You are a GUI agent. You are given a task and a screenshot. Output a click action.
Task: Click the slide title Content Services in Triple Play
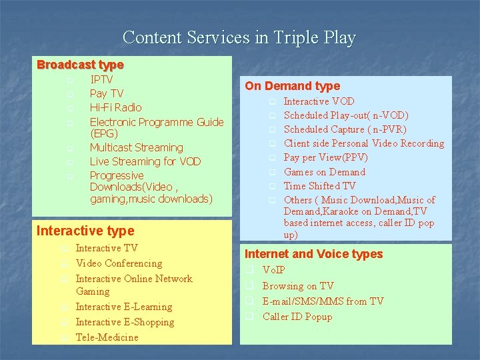(239, 37)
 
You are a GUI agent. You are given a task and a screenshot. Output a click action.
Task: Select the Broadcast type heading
(80, 65)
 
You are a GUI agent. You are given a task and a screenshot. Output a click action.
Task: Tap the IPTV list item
(101, 79)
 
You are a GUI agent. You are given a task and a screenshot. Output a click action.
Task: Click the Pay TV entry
(107, 93)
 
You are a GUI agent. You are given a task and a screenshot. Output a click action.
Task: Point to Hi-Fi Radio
(115, 107)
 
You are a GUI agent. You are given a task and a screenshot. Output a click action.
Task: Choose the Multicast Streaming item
(136, 147)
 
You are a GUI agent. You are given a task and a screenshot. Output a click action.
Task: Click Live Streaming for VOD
(145, 161)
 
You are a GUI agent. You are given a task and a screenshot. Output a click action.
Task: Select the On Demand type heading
(292, 85)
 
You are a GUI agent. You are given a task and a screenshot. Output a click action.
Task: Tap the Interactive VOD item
(319, 101)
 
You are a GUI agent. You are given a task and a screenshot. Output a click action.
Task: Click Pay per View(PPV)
(325, 157)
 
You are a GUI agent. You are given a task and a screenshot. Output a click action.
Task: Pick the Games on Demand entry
(325, 172)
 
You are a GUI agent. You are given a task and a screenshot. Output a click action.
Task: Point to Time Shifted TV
(319, 186)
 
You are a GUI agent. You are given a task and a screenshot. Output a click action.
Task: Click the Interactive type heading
(85, 231)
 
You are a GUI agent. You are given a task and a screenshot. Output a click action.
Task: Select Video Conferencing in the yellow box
(119, 263)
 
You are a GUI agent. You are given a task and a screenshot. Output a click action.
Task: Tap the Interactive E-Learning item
(124, 307)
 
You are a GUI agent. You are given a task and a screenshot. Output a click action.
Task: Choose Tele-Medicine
(107, 337)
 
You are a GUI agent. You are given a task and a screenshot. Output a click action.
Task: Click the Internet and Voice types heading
(313, 254)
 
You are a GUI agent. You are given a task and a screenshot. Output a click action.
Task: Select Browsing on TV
(298, 286)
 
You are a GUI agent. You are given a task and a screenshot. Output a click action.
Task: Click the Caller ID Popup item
(297, 317)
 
